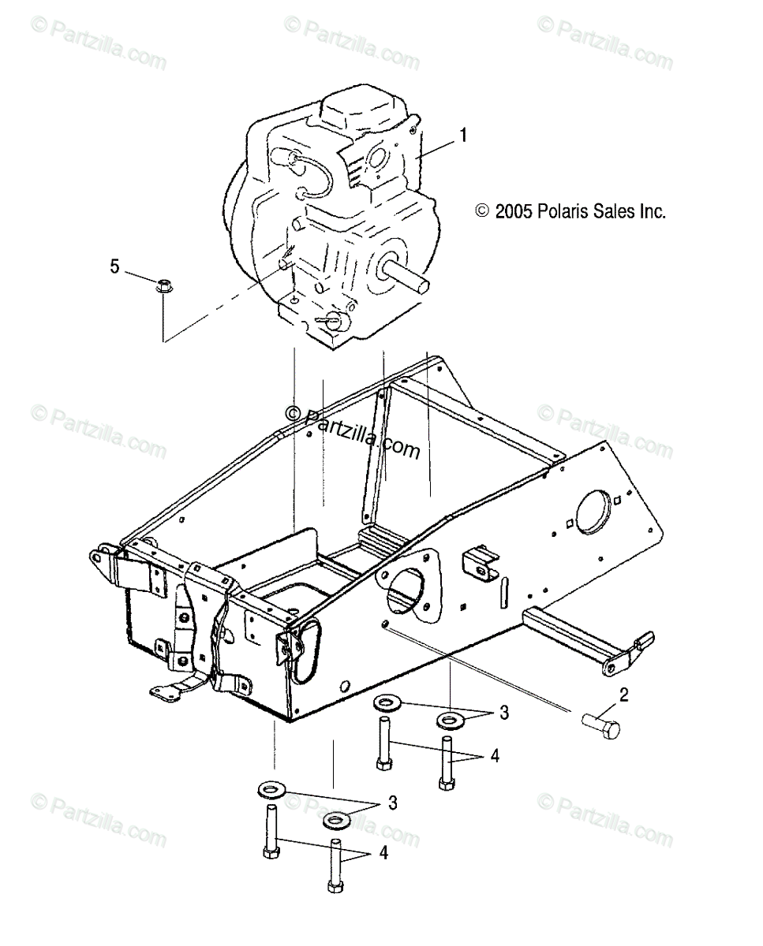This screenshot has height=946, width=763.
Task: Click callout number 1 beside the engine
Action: (x=463, y=136)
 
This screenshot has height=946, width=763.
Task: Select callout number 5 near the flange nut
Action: (x=115, y=266)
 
